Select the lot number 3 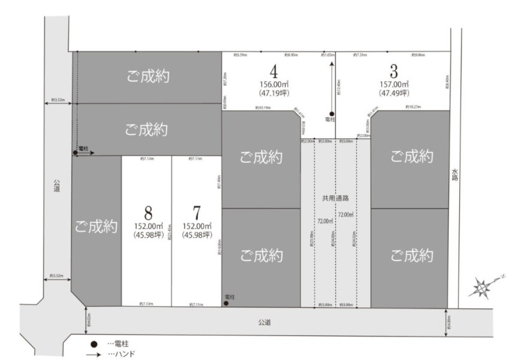(x=393, y=71)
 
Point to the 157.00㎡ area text (x=394, y=84)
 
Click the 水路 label (x=454, y=175)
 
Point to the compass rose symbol (x=482, y=288)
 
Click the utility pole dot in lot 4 (x=332, y=114)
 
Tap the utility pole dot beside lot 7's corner (x=226, y=303)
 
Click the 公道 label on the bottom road (x=264, y=322)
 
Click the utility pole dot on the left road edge (x=76, y=153)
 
